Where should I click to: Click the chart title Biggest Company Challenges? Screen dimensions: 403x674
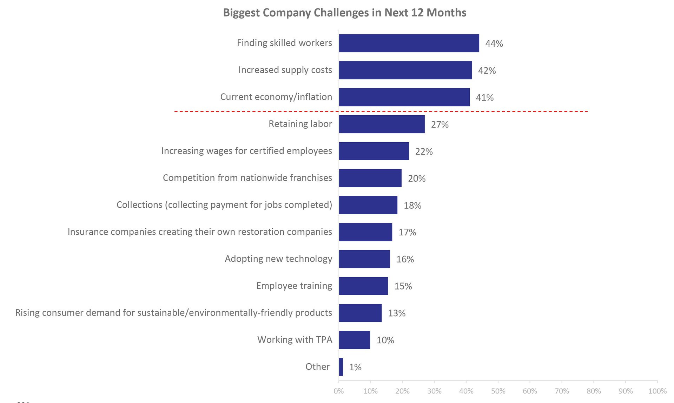pyautogui.click(x=344, y=13)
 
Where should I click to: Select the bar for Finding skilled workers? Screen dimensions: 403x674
pyautogui.click(x=409, y=43)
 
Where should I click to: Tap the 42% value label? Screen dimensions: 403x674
pyautogui.click(x=487, y=71)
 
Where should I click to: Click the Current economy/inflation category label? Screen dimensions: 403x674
pyautogui.click(x=276, y=97)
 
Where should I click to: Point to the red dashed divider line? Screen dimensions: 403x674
pyautogui.click(x=381, y=111)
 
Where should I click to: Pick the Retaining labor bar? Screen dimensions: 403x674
pyautogui.click(x=382, y=124)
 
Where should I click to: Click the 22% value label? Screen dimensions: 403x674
pyautogui.click(x=424, y=151)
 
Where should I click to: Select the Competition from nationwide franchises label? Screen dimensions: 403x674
pyautogui.click(x=247, y=178)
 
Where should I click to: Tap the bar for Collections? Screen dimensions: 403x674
pyautogui.click(x=368, y=205)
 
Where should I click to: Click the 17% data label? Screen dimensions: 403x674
pyautogui.click(x=407, y=232)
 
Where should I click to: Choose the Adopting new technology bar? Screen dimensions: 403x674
pyautogui.click(x=364, y=259)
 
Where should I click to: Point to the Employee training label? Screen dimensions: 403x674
pyautogui.click(x=294, y=286)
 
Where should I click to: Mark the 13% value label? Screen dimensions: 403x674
pyautogui.click(x=396, y=313)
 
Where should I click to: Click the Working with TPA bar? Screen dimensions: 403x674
pyautogui.click(x=354, y=340)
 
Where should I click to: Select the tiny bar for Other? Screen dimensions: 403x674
pyautogui.click(x=341, y=367)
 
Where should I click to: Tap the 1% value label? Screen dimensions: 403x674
pyautogui.click(x=355, y=367)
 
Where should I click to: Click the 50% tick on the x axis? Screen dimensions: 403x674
pyautogui.click(x=498, y=391)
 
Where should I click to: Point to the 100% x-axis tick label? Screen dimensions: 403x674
pyautogui.click(x=657, y=391)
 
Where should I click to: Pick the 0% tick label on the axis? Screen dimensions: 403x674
pyautogui.click(x=339, y=391)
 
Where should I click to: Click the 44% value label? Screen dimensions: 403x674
pyautogui.click(x=494, y=44)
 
